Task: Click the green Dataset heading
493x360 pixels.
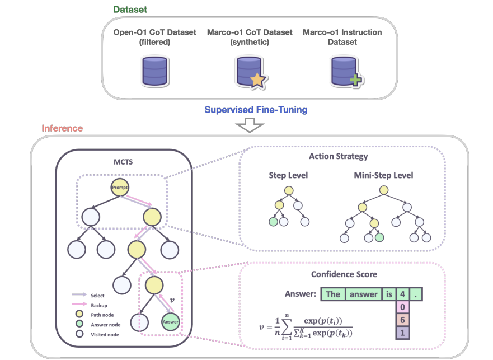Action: tap(130, 10)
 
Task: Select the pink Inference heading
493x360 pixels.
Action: tap(62, 129)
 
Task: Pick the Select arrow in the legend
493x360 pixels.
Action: tap(78, 295)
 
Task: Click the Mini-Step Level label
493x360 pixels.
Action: tap(383, 175)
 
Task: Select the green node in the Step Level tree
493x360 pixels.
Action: tap(274, 222)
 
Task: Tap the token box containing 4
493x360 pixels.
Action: tap(403, 294)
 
